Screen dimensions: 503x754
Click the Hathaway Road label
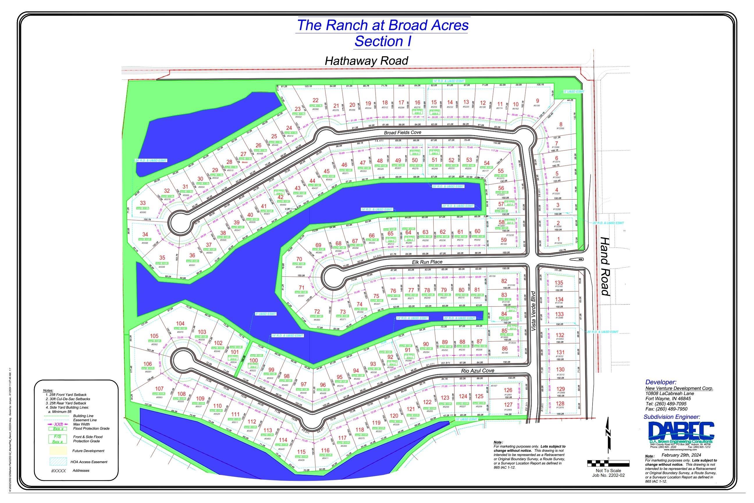coord(366,61)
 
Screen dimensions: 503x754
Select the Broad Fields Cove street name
coord(403,132)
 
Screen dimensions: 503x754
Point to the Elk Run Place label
coord(427,262)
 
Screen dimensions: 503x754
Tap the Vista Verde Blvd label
coord(533,311)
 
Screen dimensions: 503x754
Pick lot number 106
coord(147,364)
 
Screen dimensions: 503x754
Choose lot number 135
coord(559,283)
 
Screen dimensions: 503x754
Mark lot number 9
coord(537,101)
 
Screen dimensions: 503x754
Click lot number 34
coord(145,235)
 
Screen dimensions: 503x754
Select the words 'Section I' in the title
coord(383,41)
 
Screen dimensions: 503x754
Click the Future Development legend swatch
coord(58,450)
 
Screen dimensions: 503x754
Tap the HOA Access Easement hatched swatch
coord(58,462)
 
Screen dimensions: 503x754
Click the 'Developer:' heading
coord(660,382)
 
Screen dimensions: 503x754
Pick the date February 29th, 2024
coord(681,455)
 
